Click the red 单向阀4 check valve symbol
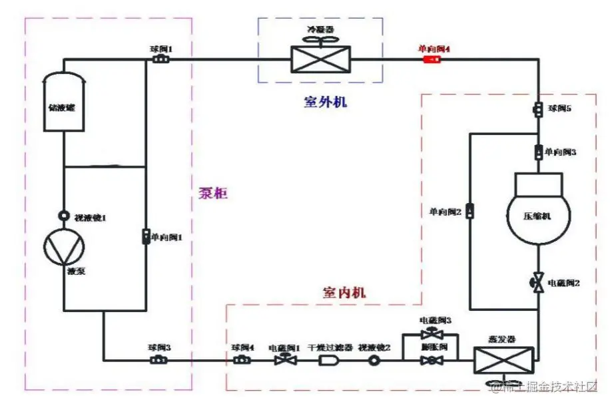(x=432, y=61)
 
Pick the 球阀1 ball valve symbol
(x=160, y=61)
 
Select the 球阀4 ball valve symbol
(x=242, y=359)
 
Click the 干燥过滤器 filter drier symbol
(x=328, y=359)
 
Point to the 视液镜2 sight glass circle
(x=374, y=359)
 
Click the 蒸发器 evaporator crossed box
(x=503, y=359)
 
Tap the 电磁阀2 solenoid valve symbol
(x=538, y=283)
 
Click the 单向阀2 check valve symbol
(x=469, y=212)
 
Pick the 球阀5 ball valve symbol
(x=538, y=108)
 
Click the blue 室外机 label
(x=326, y=102)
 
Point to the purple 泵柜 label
(x=213, y=194)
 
